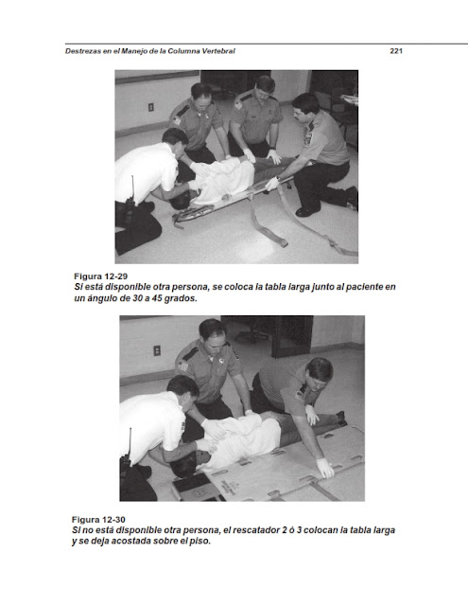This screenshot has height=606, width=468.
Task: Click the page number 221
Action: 396,51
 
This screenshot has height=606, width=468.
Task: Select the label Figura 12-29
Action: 101,276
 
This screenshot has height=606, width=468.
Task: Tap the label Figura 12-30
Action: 98,520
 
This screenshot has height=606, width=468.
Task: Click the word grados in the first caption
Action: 181,299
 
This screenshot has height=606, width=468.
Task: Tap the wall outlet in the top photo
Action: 151,107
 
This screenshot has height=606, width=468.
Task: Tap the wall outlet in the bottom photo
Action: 157,350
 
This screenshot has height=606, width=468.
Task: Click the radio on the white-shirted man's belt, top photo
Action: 130,199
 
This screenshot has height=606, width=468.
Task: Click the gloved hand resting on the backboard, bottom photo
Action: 325,468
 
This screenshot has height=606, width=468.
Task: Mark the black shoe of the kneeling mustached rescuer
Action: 307,211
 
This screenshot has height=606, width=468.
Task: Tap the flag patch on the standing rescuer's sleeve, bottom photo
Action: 182,365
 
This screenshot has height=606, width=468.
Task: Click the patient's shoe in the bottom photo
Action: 340,419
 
